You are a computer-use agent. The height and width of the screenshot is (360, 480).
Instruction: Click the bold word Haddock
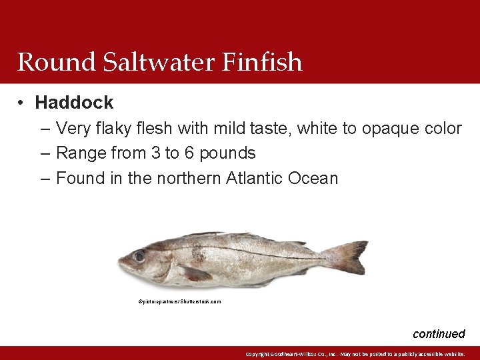pyautogui.click(x=74, y=103)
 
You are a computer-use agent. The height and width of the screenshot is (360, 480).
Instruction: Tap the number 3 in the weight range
pyautogui.click(x=155, y=153)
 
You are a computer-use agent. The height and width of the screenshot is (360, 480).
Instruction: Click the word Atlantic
pyautogui.click(x=255, y=179)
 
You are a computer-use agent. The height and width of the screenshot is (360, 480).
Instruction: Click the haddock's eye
pyautogui.click(x=139, y=255)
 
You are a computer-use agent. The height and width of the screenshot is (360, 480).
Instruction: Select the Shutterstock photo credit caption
pyautogui.click(x=179, y=302)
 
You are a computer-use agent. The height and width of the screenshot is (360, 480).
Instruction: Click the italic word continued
pyautogui.click(x=439, y=334)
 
